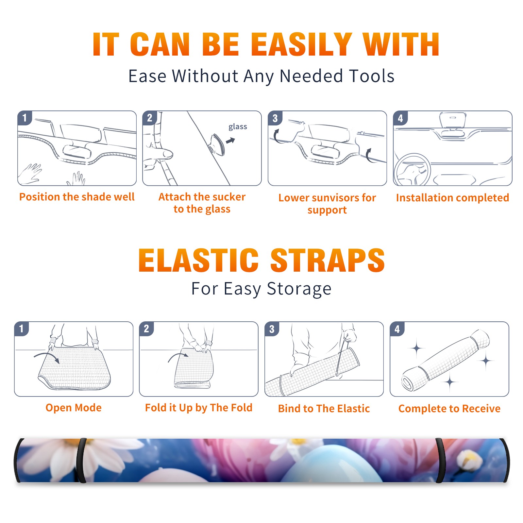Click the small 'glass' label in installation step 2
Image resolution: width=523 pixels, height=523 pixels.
[x=238, y=127]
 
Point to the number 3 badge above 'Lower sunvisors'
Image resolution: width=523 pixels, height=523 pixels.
[x=275, y=118]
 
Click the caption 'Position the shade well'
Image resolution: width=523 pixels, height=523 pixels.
[x=77, y=197]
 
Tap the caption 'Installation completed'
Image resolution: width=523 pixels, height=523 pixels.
[x=452, y=197]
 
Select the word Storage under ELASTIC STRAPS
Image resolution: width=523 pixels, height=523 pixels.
[x=299, y=289]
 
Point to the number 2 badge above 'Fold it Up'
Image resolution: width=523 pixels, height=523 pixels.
[x=146, y=329]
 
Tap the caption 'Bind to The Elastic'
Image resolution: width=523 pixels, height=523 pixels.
[x=324, y=408]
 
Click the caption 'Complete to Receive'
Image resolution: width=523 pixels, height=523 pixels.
[x=449, y=408]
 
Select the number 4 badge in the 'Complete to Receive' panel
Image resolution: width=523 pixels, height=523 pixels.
[x=397, y=329]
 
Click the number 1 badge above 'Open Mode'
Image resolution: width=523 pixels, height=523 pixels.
[x=22, y=329]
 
